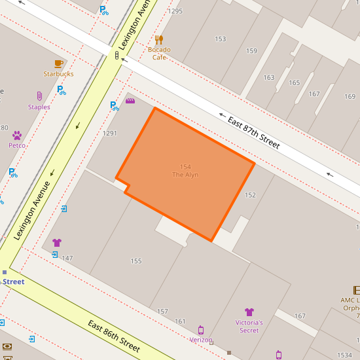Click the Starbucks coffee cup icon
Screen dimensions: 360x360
click(58, 63)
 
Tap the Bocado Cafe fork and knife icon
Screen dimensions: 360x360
click(159, 40)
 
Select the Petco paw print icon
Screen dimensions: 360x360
click(17, 135)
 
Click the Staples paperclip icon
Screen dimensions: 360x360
click(39, 97)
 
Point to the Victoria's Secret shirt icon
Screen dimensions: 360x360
click(249, 312)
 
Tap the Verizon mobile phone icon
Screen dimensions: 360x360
click(201, 330)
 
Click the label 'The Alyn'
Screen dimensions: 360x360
click(185, 175)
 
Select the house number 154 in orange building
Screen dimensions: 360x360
click(185, 167)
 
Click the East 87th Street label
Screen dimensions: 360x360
click(253, 132)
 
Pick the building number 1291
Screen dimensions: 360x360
click(110, 134)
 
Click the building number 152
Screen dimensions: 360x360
click(250, 195)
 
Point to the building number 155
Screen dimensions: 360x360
click(136, 261)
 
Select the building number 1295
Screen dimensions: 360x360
click(175, 11)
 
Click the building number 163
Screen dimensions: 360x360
click(269, 78)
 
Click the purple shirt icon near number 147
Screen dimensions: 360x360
click(57, 243)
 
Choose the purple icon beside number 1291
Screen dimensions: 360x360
click(130, 101)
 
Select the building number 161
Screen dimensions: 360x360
click(180, 321)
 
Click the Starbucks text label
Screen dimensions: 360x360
click(58, 74)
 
